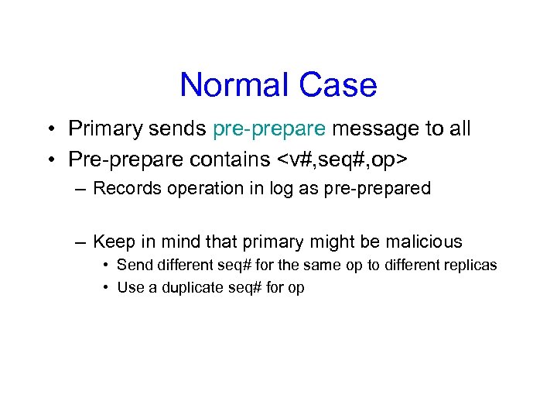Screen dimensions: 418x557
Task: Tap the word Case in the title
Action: click(x=339, y=84)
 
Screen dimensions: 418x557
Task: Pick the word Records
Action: click(x=125, y=188)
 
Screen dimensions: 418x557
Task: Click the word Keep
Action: click(x=112, y=242)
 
